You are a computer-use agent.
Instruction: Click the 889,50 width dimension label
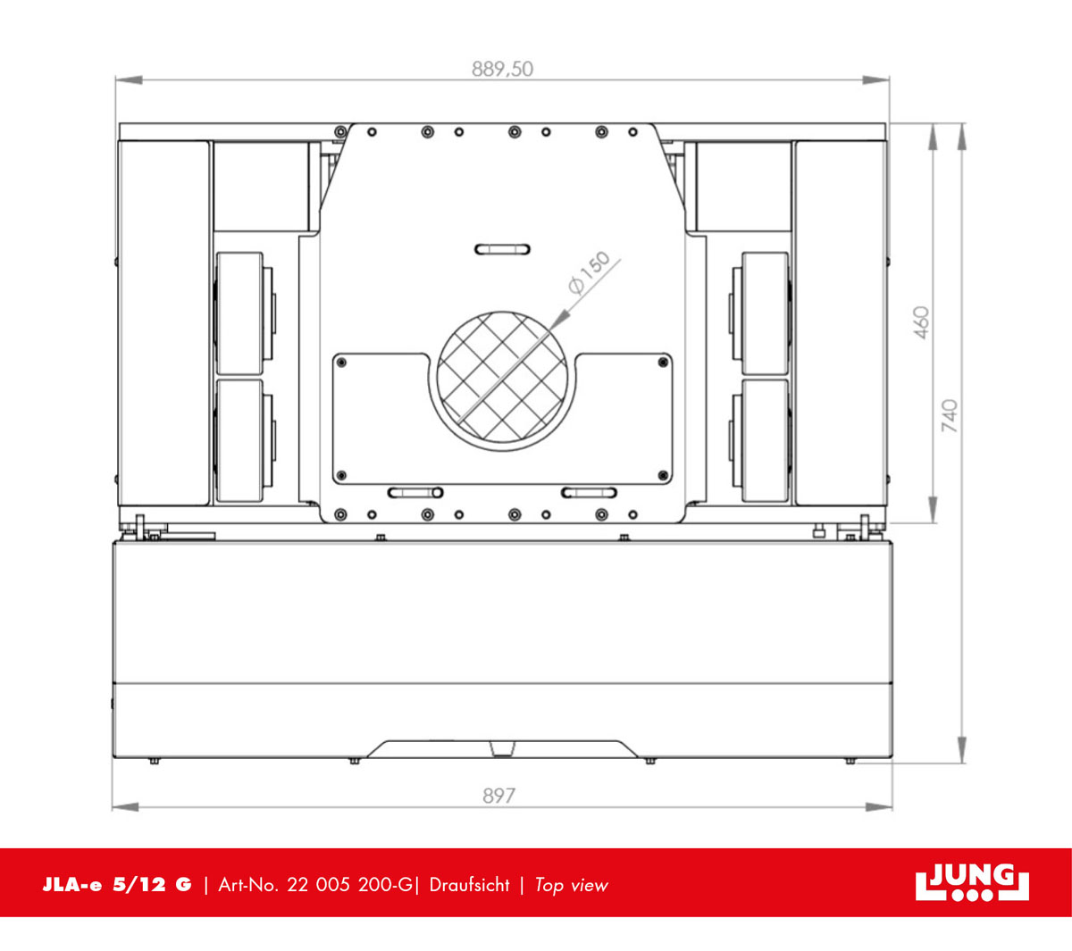click(502, 69)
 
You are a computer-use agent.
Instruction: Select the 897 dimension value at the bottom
click(498, 795)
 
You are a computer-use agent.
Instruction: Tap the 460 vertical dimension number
click(921, 322)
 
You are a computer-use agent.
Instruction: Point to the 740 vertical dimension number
click(949, 416)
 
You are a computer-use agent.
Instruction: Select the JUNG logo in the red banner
click(972, 883)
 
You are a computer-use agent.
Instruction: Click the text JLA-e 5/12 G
click(117, 885)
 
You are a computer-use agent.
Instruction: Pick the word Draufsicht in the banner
click(469, 885)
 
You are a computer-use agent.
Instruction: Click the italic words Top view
click(571, 885)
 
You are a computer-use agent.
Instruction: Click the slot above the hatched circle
click(502, 249)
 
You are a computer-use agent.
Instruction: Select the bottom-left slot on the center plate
click(415, 492)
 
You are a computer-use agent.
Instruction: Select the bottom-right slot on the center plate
click(590, 492)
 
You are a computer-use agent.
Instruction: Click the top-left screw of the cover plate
click(341, 362)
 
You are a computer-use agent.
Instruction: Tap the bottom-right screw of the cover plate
click(662, 475)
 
